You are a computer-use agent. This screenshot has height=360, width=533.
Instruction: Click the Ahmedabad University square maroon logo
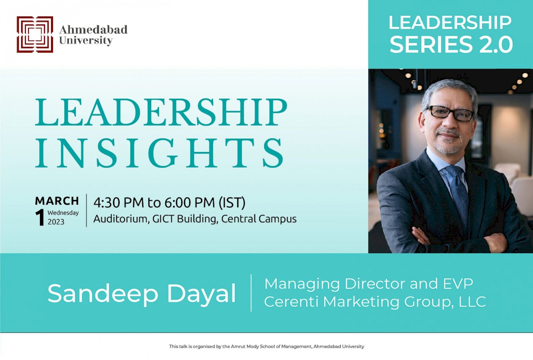35,34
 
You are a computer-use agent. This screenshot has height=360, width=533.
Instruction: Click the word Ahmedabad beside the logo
93,30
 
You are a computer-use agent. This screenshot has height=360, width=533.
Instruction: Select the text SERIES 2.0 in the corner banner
451,44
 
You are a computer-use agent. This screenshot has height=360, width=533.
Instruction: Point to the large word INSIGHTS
160,153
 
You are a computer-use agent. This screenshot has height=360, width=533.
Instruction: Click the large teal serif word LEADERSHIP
161,112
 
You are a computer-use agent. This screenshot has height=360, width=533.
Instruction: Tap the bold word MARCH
57,201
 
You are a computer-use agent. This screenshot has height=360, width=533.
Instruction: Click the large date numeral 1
40,217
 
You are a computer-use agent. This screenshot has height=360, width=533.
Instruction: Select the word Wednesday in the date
63,213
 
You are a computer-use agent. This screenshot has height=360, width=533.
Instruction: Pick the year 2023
56,222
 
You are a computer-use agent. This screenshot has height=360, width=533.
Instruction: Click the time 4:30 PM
119,203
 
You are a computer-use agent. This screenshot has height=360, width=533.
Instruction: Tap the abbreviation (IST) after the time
232,203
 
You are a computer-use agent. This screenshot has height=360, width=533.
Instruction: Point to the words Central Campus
259,219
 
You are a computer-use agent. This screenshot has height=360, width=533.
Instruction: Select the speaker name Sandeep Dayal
142,294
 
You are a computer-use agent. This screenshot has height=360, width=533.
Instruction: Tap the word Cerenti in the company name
291,302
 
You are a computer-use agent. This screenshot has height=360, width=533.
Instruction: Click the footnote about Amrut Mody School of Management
266,346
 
